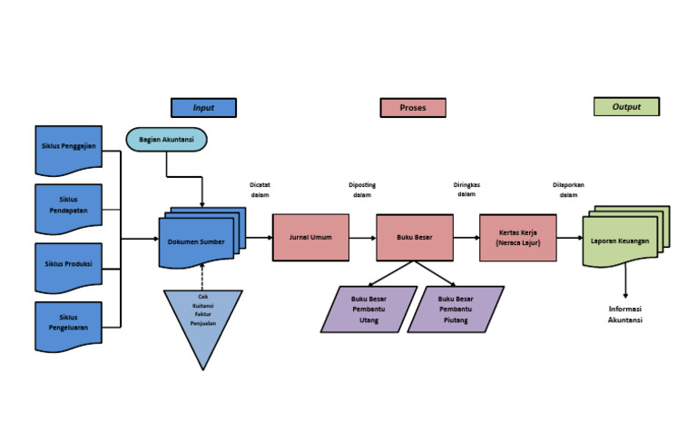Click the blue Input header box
(x=203, y=107)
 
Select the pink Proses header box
(x=413, y=107)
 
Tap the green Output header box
(x=626, y=107)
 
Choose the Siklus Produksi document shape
(x=69, y=265)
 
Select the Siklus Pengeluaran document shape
(x=69, y=323)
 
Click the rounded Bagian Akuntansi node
(x=166, y=139)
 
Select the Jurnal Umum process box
(x=310, y=238)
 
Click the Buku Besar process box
(x=415, y=238)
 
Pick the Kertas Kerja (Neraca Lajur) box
(x=517, y=238)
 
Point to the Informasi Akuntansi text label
(x=625, y=314)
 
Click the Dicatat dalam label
(x=260, y=190)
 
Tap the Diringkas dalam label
(x=466, y=190)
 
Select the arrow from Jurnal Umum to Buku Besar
(x=363, y=238)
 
